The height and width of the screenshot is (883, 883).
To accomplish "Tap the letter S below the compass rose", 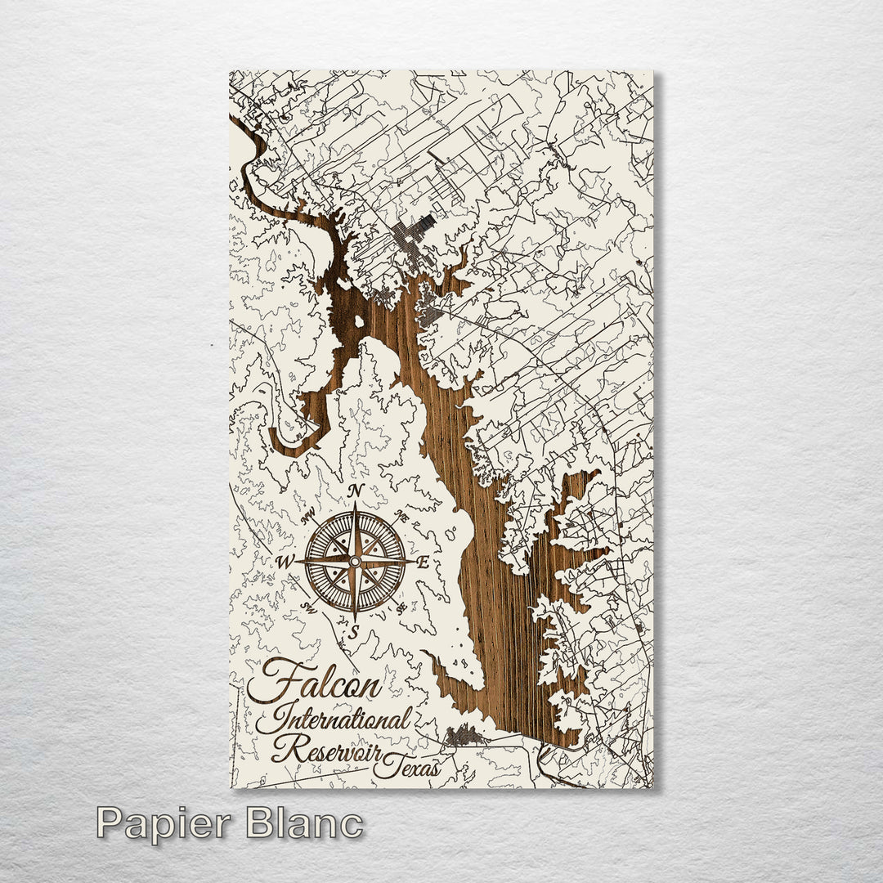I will (354, 631).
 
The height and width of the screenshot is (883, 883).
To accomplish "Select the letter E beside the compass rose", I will (424, 562).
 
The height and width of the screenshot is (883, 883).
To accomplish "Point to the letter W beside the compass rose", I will (285, 562).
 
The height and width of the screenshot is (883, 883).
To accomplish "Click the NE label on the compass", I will (400, 517).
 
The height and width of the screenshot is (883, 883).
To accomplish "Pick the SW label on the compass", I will (309, 606).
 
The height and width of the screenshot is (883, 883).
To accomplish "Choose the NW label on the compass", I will (309, 517).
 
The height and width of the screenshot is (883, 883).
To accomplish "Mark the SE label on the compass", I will (400, 606).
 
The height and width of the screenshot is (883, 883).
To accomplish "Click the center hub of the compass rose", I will (354, 562).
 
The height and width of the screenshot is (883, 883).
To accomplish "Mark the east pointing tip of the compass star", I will (413, 562).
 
